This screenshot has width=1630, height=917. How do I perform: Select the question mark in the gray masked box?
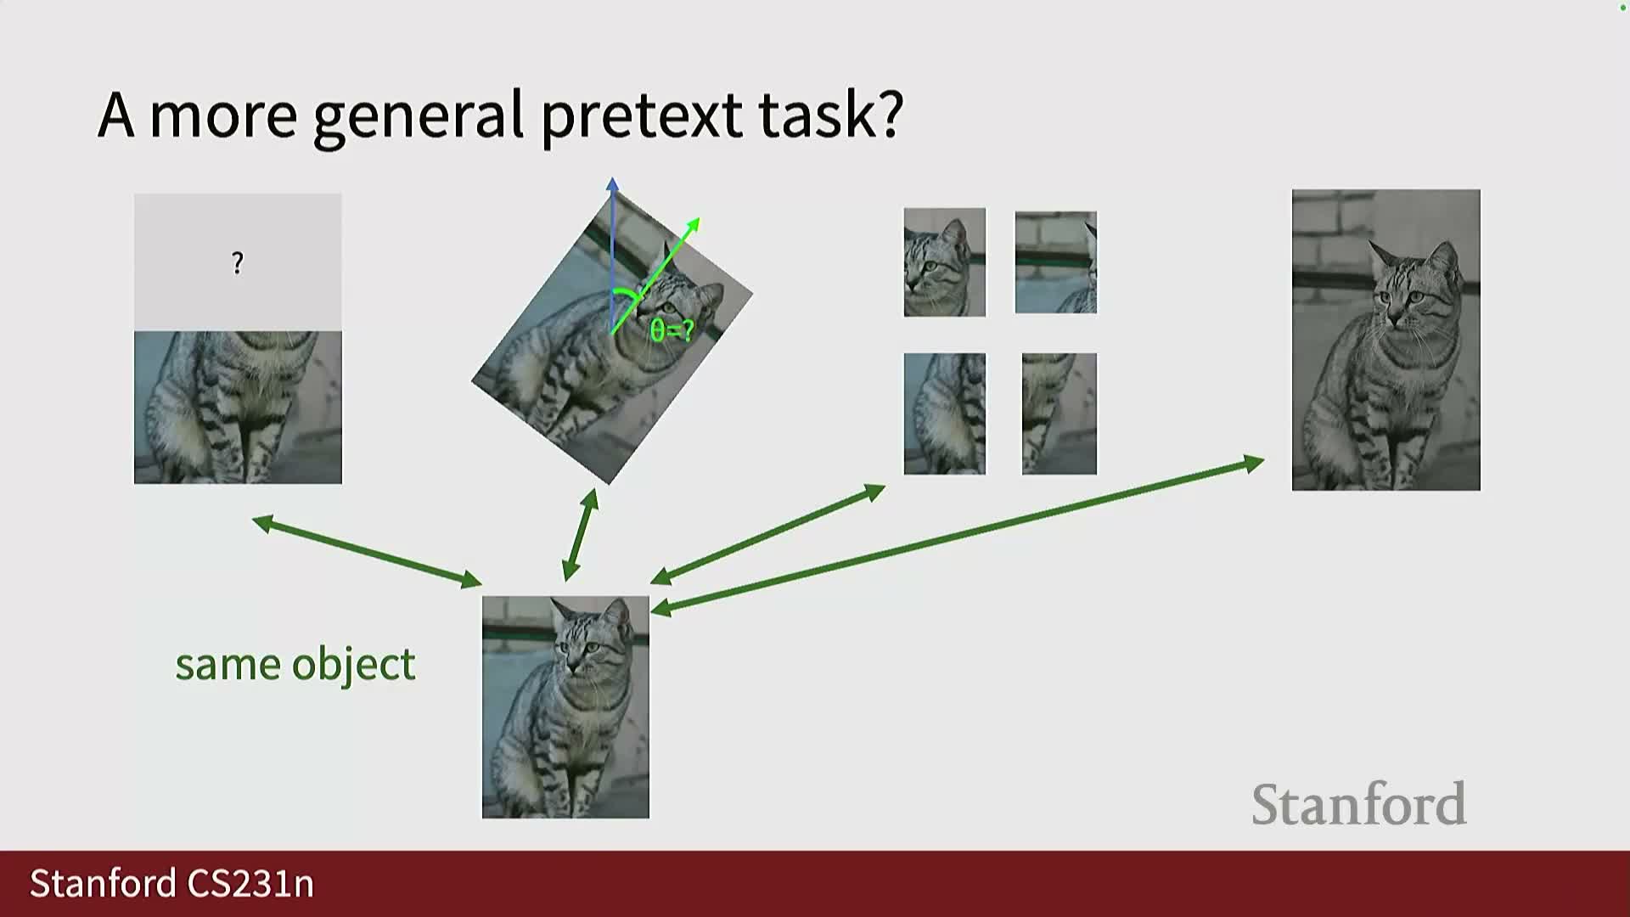[238, 263]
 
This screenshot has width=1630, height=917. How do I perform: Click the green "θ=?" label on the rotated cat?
[672, 330]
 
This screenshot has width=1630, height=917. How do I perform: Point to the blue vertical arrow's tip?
[612, 178]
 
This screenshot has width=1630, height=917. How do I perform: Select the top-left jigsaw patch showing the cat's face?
[945, 262]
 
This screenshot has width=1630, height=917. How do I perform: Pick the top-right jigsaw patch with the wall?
[1056, 262]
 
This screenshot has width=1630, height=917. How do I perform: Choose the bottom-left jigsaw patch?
[945, 413]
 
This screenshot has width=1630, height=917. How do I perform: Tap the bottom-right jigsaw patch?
[1059, 413]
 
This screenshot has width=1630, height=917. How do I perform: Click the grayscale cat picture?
[1386, 340]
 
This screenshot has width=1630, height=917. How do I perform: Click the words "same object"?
[295, 665]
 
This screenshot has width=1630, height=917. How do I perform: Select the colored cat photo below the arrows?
[565, 707]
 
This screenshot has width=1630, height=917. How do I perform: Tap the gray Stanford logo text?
[1359, 804]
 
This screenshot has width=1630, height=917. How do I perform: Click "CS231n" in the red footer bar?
[250, 884]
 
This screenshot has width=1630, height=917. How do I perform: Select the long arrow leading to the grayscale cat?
[958, 536]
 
